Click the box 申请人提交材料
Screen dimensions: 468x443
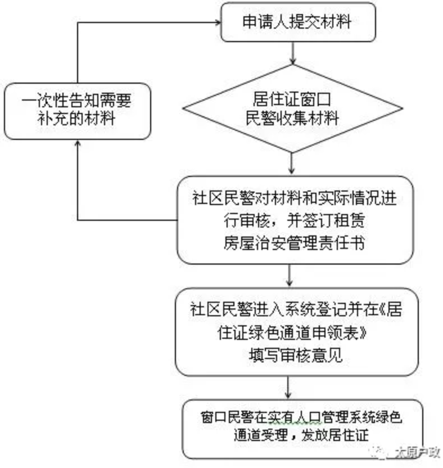pos(297,22)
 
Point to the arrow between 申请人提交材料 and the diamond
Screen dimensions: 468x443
pos(292,54)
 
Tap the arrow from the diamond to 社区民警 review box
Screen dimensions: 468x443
pos(292,163)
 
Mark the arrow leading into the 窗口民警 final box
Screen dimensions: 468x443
pos(289,388)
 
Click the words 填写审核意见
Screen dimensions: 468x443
pos(295,356)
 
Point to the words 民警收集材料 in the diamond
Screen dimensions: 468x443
pos(292,119)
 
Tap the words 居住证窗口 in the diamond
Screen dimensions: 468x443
pos(292,99)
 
